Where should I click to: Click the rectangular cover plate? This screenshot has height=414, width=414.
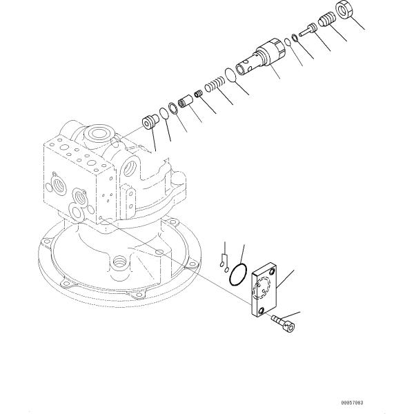click(x=266, y=290)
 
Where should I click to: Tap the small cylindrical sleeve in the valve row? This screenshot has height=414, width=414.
click(x=185, y=103)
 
